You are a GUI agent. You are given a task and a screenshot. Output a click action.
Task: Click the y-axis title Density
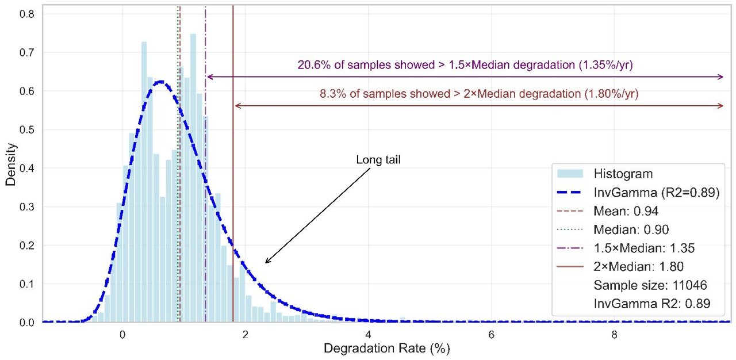pyautogui.click(x=11, y=164)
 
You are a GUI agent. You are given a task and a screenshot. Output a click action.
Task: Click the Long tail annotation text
pyautogui.click(x=378, y=160)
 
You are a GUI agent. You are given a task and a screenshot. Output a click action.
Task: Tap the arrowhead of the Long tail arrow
pyautogui.click(x=266, y=262)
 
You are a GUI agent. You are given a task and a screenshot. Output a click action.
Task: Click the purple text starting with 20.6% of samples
pyautogui.click(x=465, y=64)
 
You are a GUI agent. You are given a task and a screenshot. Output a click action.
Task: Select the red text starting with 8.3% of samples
pyautogui.click(x=479, y=93)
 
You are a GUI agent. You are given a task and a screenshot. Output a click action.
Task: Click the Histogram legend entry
pyautogui.click(x=622, y=174)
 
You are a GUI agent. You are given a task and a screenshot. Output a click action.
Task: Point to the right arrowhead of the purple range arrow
pyautogui.click(x=722, y=76)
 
